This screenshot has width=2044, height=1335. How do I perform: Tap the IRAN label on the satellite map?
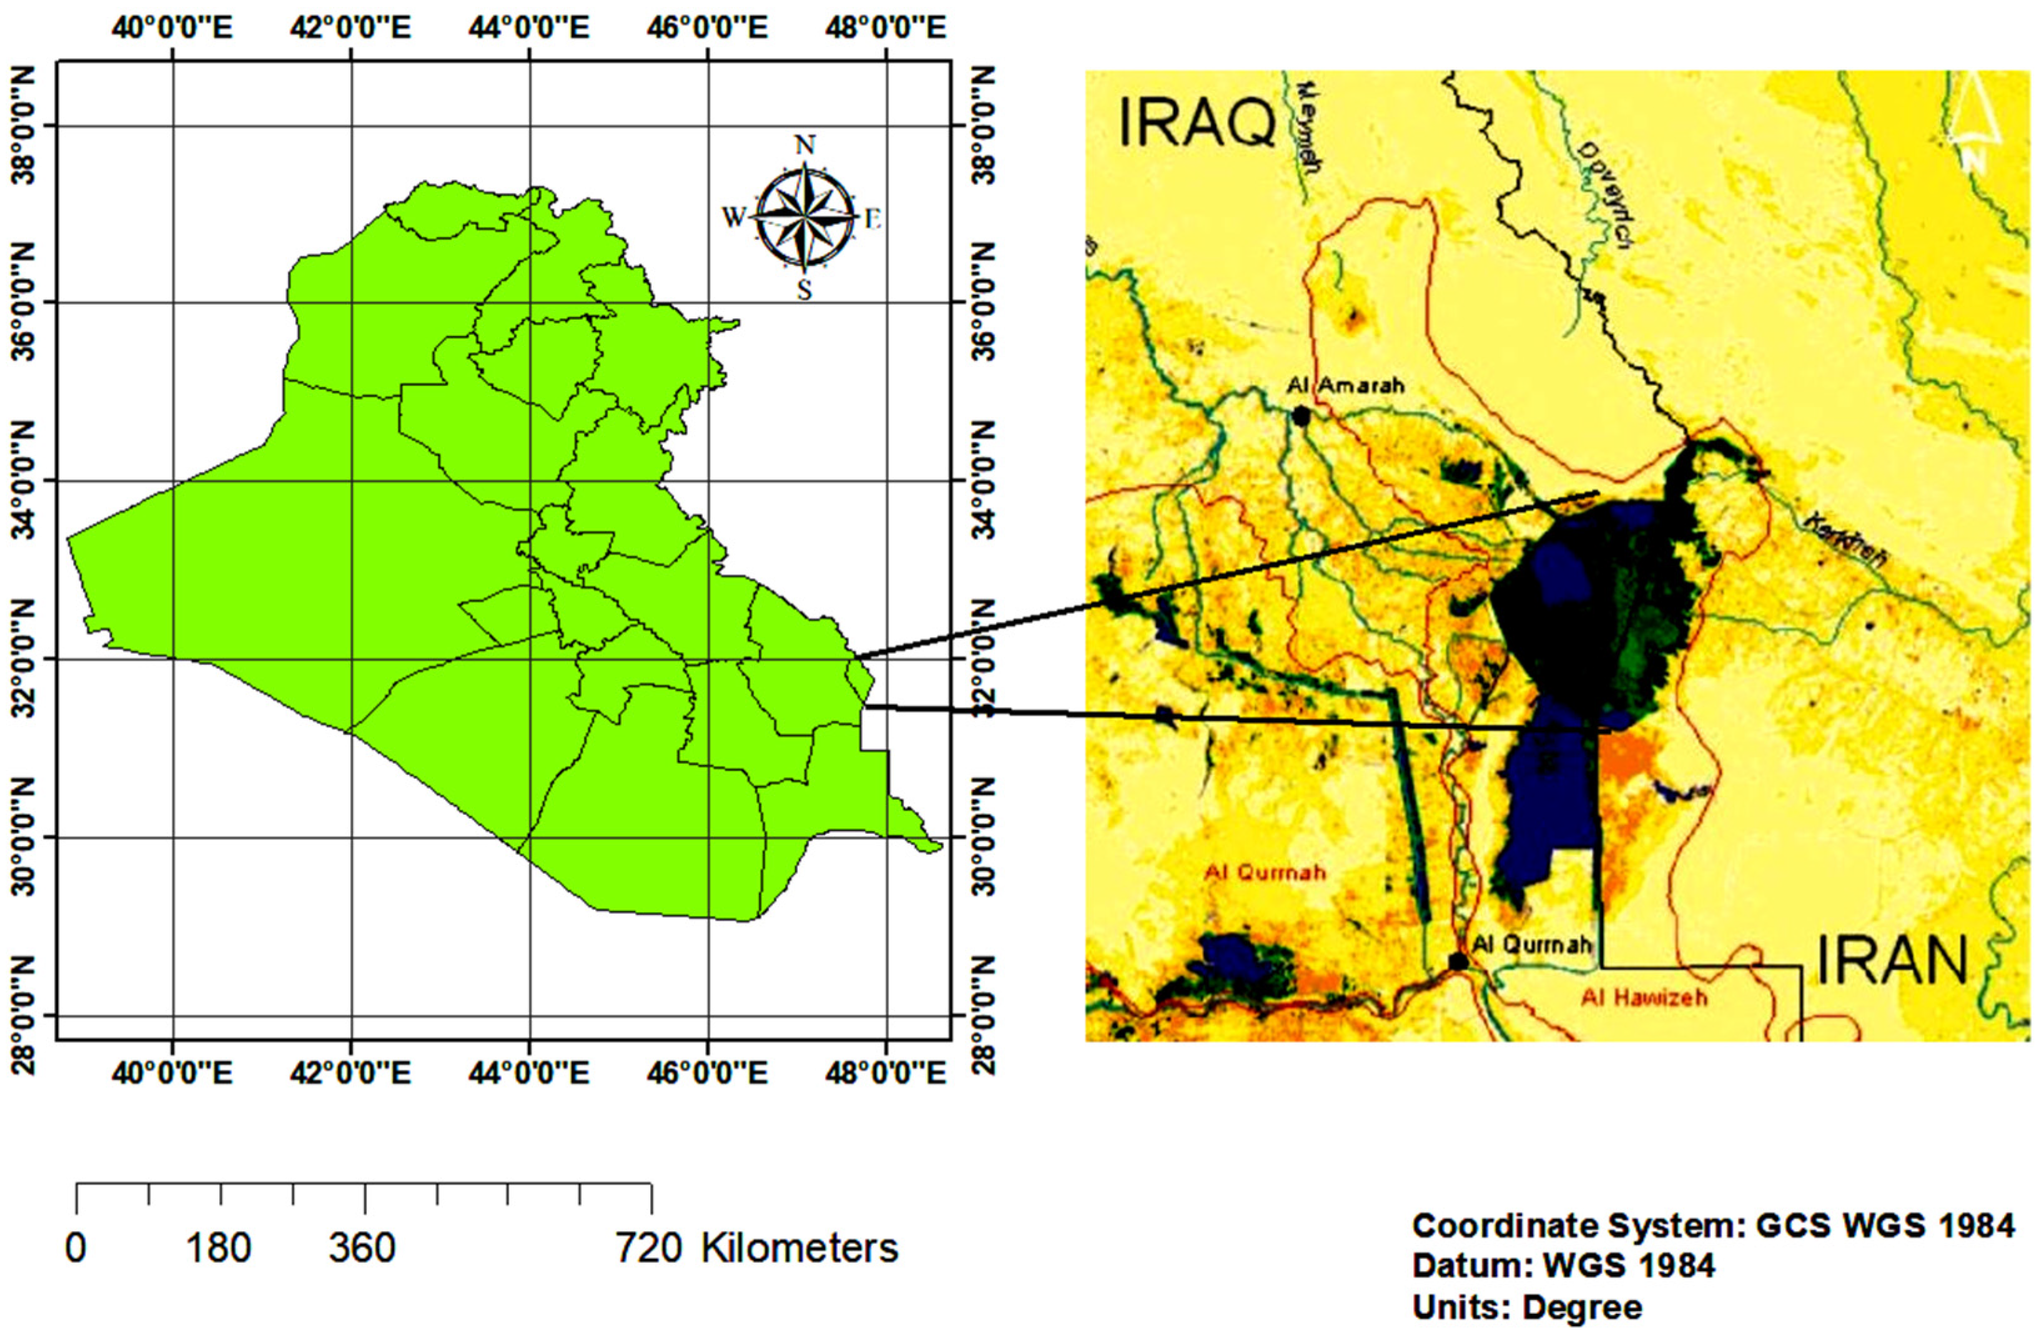[x=1892, y=960]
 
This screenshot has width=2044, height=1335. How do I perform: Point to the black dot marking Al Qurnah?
[x=1458, y=961]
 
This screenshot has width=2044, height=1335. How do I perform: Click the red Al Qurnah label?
[x=1265, y=872]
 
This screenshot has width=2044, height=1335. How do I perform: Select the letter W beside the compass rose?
[x=733, y=218]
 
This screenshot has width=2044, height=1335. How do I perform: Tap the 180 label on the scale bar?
[x=220, y=1248]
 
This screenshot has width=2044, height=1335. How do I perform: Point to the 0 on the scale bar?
[x=76, y=1248]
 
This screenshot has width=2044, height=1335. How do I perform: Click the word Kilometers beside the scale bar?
[x=799, y=1248]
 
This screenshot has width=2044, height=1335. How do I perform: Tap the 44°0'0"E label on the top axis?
[x=529, y=28]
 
